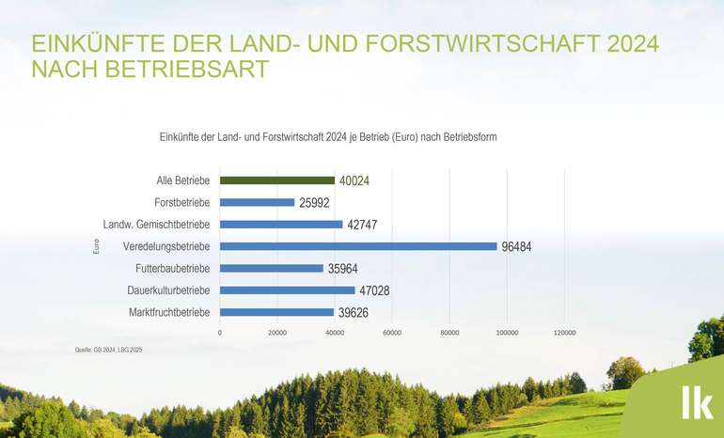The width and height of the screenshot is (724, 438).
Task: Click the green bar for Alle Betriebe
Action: pos(277,180)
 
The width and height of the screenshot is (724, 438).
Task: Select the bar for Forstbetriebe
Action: pos(257,202)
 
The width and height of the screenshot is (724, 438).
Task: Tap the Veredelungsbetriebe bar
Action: pos(358,246)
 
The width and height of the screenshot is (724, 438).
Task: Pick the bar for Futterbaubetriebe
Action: pos(272,268)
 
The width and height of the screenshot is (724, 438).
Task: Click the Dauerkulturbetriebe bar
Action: pos(288,290)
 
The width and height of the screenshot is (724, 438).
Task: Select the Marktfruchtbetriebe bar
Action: pos(276,312)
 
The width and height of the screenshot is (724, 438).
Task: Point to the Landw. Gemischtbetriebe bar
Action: pos(281,225)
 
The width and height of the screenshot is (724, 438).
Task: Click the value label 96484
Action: pos(518,246)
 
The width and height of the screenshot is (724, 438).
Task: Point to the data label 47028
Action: pos(374,290)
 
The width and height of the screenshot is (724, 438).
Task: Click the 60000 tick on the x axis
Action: pos(392,333)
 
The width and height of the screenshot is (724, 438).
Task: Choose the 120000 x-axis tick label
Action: pos(564,333)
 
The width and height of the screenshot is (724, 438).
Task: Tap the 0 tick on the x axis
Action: pos(220,333)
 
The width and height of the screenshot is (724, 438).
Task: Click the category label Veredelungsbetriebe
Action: pos(166,246)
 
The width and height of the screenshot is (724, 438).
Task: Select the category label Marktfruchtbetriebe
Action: pos(168,312)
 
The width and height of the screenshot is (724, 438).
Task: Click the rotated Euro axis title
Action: pos(96,246)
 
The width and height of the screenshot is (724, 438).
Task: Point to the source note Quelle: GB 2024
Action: pos(108,350)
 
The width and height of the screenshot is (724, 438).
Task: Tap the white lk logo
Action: pos(696,401)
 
